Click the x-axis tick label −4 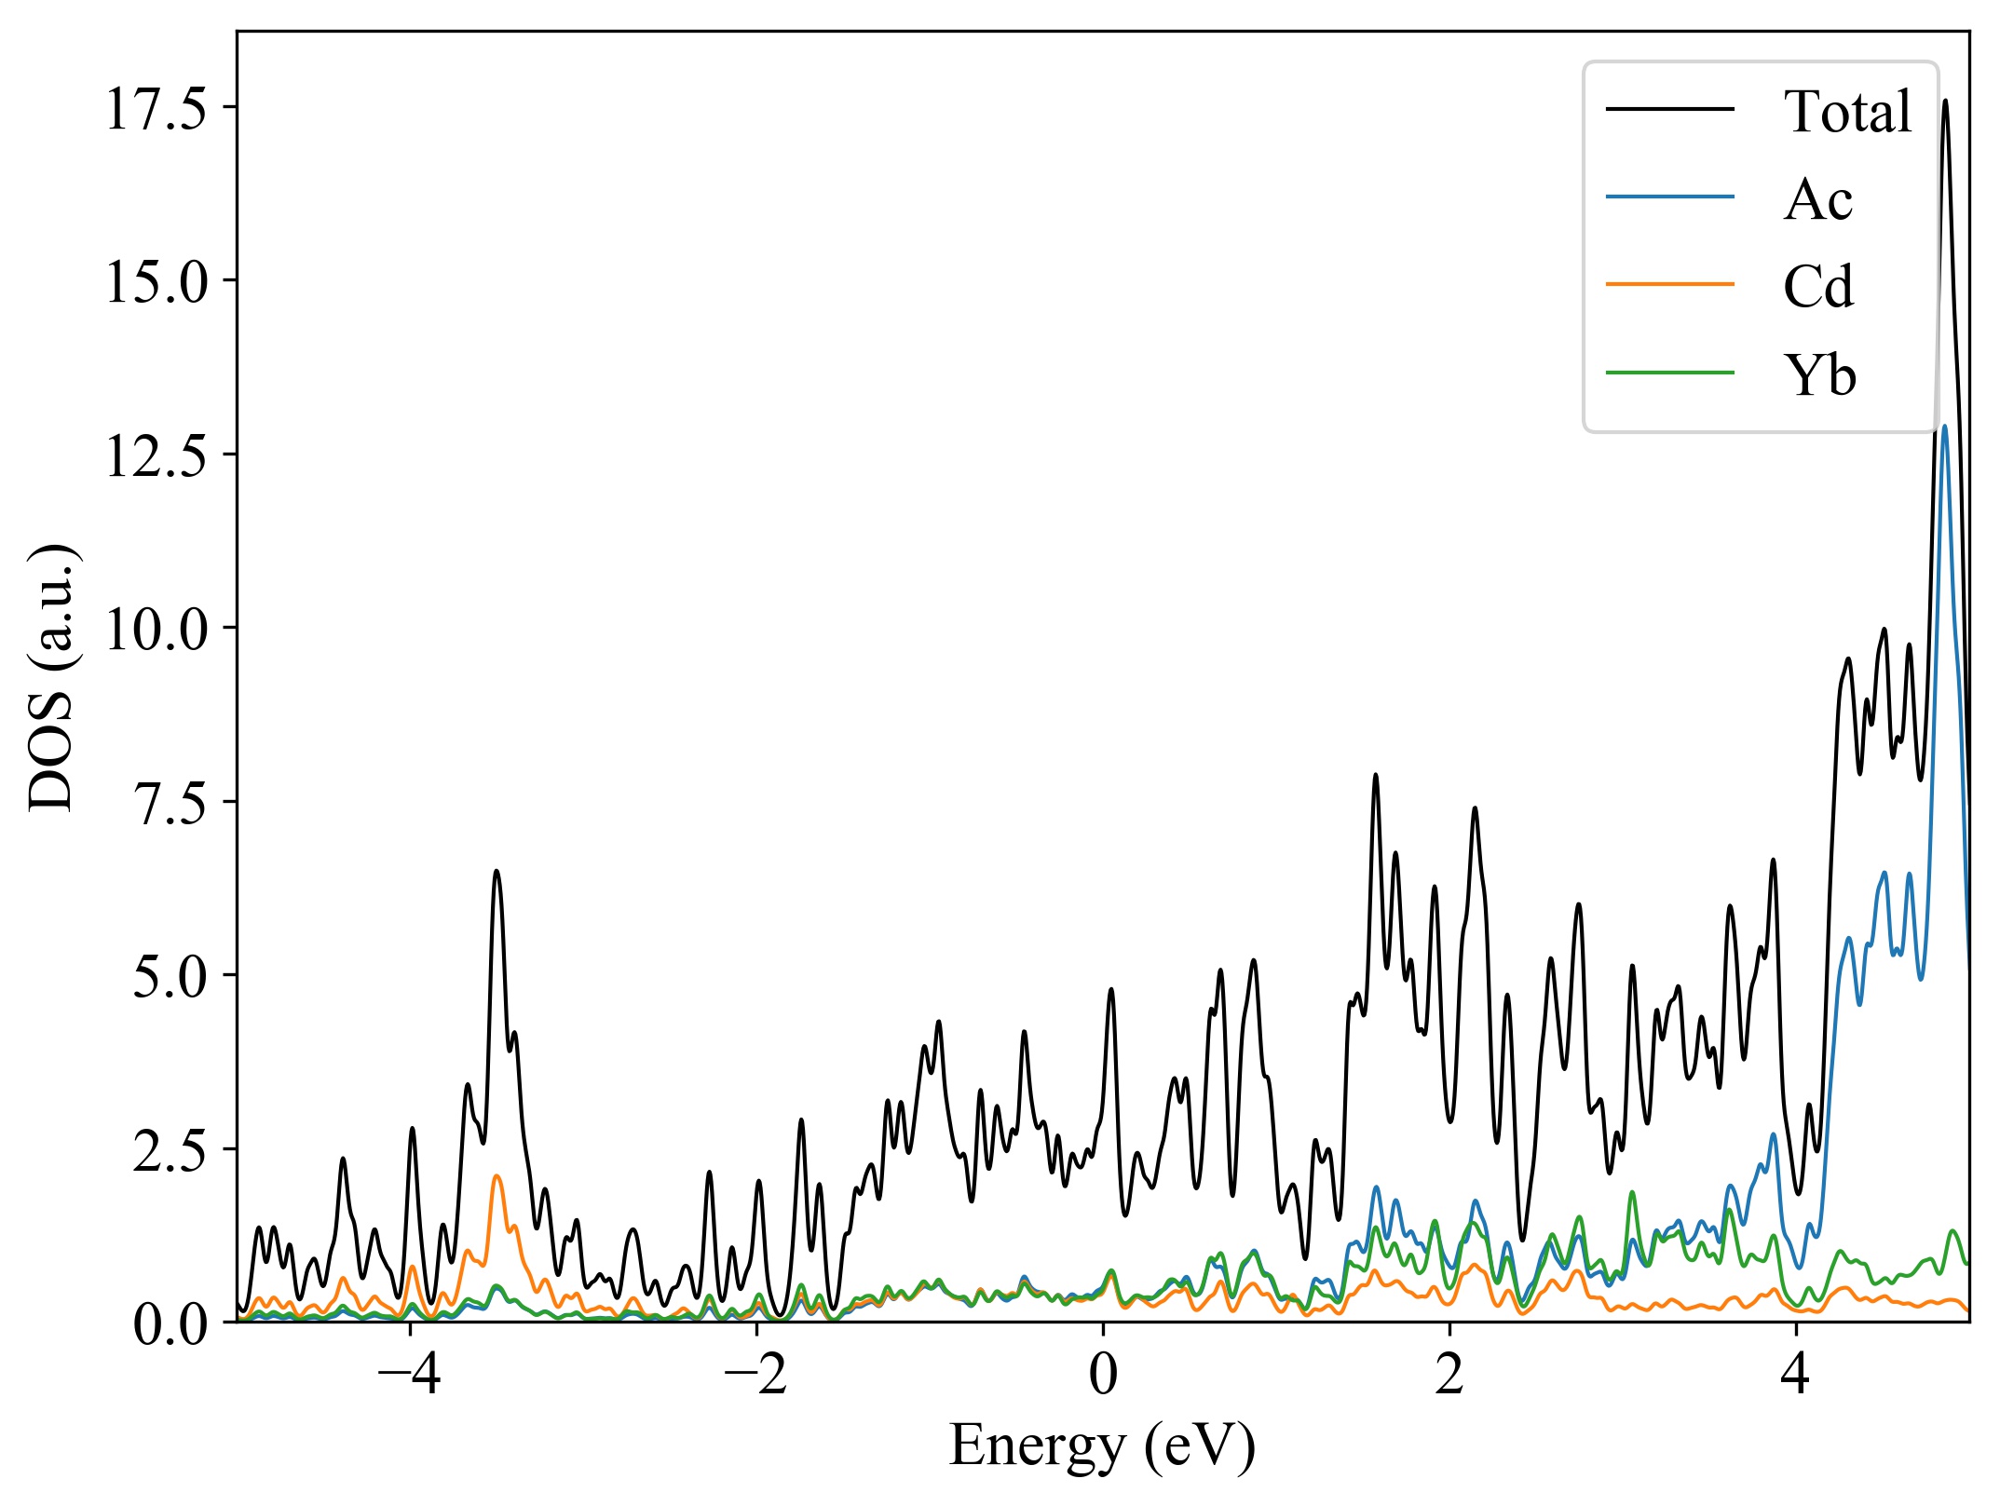(x=410, y=1375)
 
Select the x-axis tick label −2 (x=756, y=1375)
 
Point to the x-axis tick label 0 (x=1103, y=1375)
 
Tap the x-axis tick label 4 (x=1796, y=1375)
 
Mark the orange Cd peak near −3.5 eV (x=497, y=1177)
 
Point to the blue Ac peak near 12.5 (x=1944, y=427)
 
